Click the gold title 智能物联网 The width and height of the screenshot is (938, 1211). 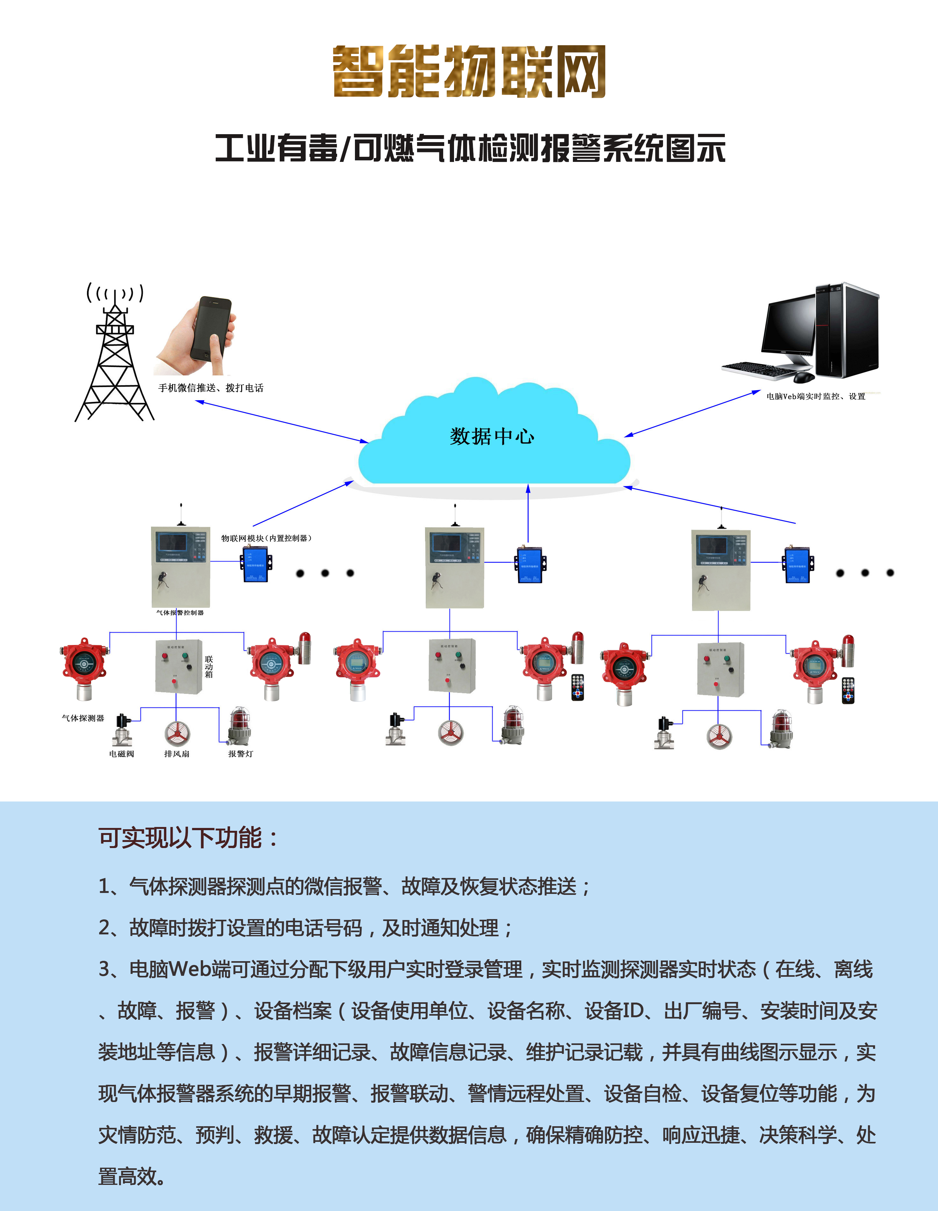(469, 72)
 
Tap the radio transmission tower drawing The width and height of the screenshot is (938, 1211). (115, 355)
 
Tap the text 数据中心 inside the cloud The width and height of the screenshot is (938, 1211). (492, 436)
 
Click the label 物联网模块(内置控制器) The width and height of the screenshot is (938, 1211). (266, 538)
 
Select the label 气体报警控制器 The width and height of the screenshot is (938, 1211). (180, 613)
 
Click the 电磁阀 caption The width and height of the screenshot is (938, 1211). (121, 754)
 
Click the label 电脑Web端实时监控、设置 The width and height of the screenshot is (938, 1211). (815, 396)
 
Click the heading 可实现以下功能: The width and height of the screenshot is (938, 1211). (189, 838)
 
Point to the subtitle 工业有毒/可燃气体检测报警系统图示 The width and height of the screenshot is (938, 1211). (470, 149)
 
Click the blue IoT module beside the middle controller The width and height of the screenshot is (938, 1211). (530, 564)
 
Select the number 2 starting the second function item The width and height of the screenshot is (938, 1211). (104, 928)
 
